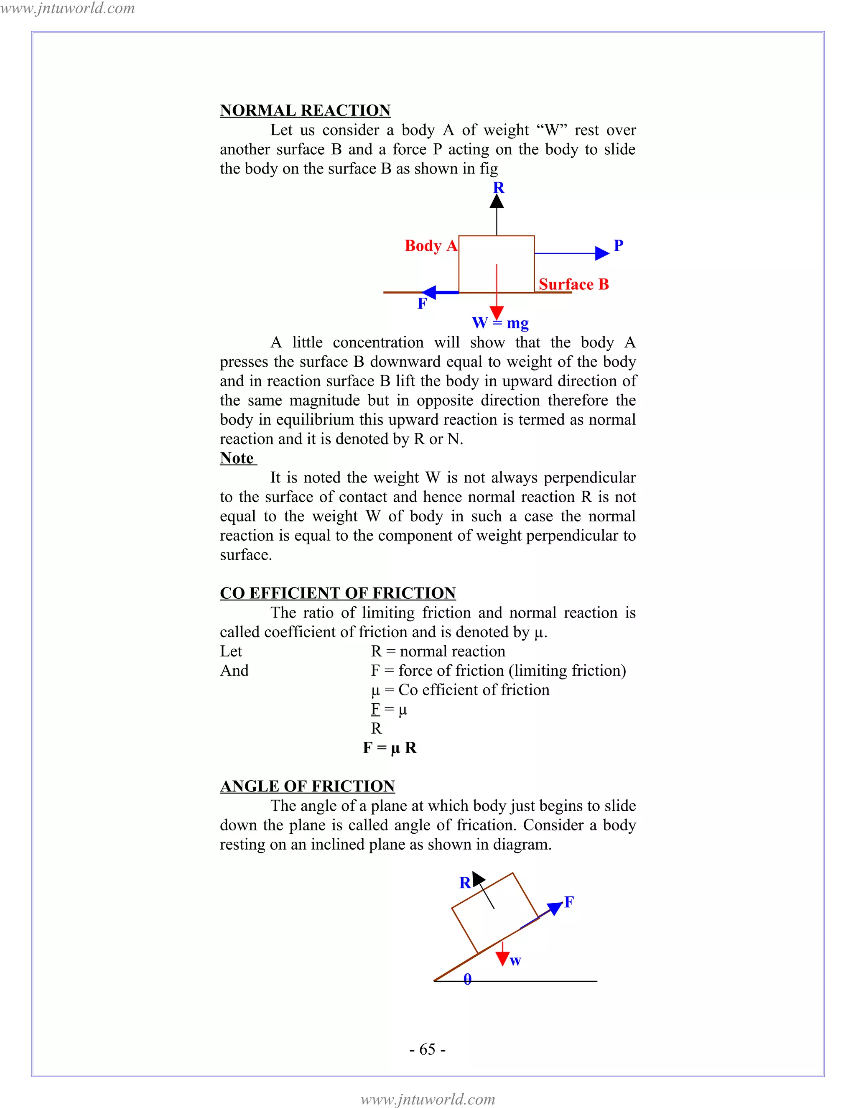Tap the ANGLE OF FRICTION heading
tap(307, 786)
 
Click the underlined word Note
tap(237, 458)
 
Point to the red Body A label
tap(431, 245)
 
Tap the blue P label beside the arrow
tap(618, 245)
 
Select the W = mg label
tap(500, 323)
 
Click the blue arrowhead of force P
tap(602, 253)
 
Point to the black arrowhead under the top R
tap(497, 202)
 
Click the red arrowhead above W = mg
tap(497, 312)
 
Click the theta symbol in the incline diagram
tap(468, 979)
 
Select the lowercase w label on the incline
tap(515, 960)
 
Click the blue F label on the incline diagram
tap(569, 901)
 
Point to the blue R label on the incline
tap(464, 883)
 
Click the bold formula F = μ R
tap(390, 748)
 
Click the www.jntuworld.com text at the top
tap(67, 8)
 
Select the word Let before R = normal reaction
tap(231, 651)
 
